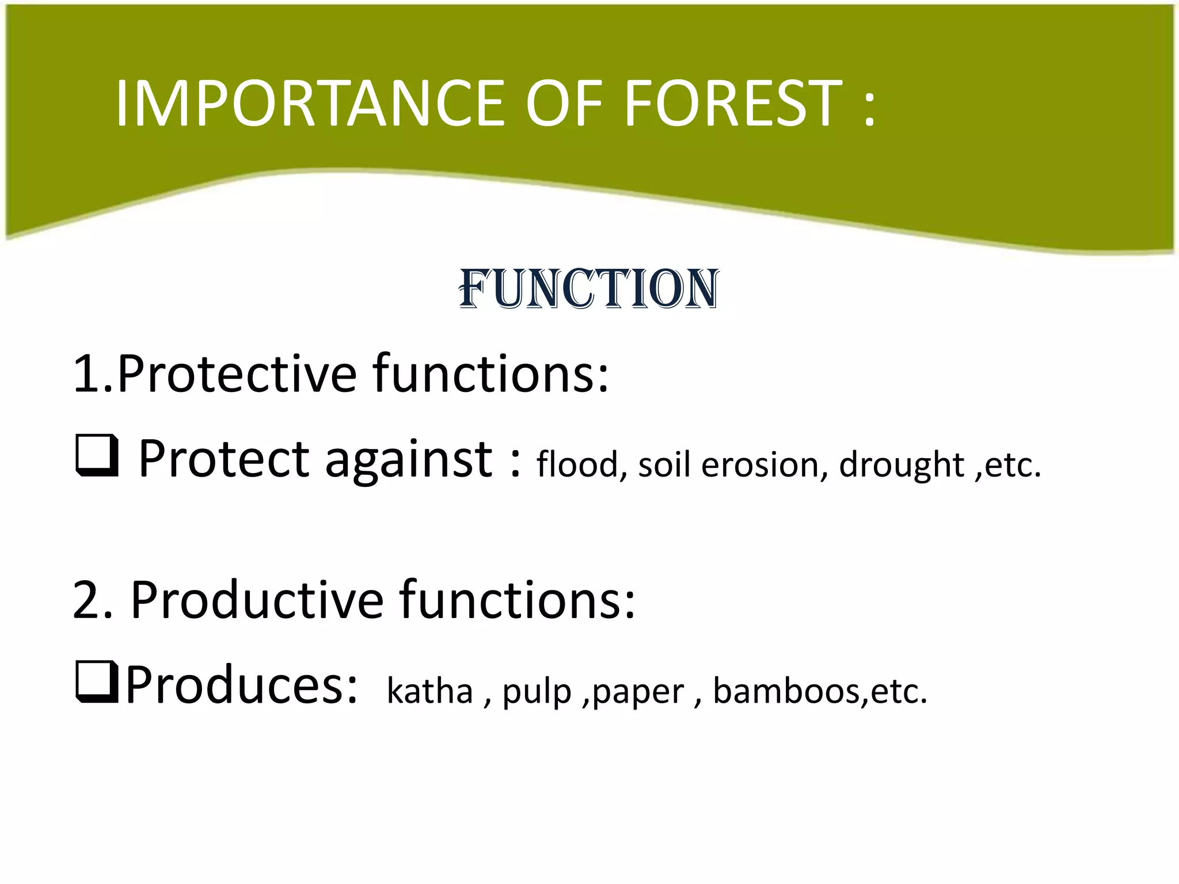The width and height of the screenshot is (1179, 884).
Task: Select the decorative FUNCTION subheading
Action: tap(588, 289)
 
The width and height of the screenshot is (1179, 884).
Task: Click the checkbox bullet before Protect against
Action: tap(97, 456)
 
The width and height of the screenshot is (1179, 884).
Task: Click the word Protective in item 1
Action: tap(236, 374)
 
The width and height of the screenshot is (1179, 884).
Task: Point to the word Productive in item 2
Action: tap(257, 600)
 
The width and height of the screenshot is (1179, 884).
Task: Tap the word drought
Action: tap(902, 465)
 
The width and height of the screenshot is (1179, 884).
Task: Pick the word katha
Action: tap(429, 691)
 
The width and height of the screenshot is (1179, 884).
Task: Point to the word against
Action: tap(409, 460)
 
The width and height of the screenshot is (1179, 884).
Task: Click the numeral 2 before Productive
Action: tap(86, 600)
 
